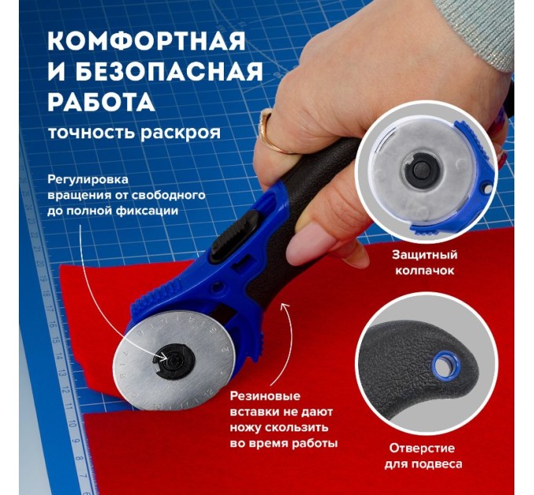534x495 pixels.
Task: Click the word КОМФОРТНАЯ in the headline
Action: tap(146, 42)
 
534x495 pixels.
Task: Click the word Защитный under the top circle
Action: tap(424, 255)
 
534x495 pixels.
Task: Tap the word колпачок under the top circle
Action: tap(424, 271)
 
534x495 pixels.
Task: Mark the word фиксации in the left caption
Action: tap(152, 211)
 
